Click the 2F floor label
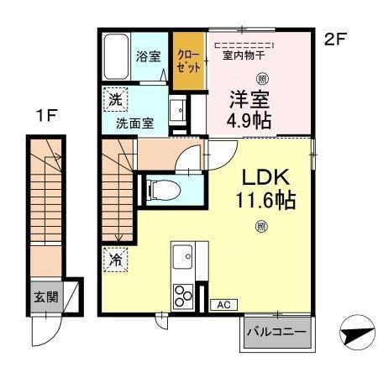(334, 39)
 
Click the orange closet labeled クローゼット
(188, 60)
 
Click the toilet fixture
(159, 189)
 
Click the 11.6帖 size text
(265, 201)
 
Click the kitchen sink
(183, 255)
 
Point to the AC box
(224, 304)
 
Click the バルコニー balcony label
(276, 332)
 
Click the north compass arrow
(356, 333)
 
